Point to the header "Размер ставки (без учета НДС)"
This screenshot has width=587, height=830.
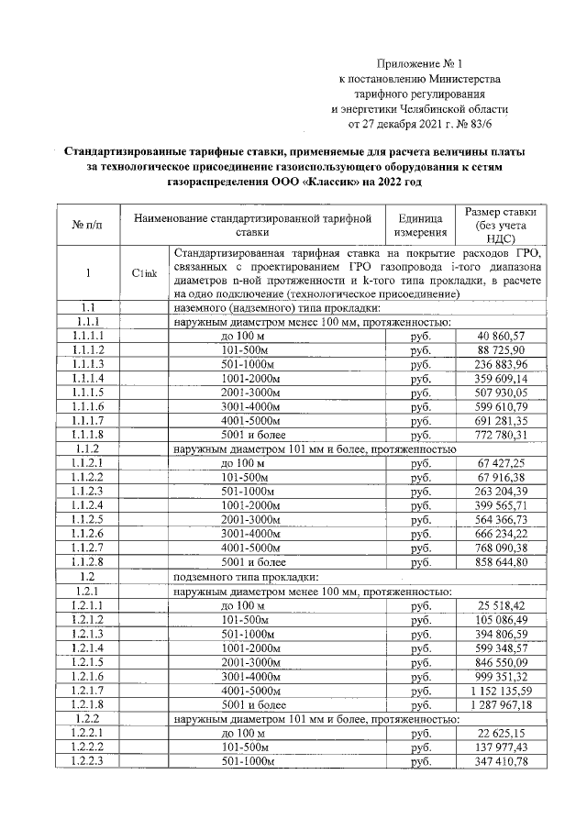click(501, 225)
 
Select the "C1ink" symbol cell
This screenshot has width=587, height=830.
click(145, 273)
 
